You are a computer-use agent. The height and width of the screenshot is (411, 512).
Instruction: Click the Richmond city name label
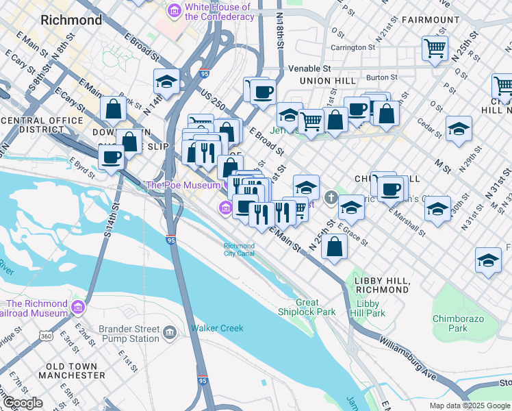[71, 20]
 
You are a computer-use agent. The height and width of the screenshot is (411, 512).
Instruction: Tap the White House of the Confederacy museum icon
[174, 11]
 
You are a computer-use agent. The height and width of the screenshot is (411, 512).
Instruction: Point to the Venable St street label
[309, 68]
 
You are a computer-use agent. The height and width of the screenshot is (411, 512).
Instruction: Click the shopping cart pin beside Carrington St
[435, 48]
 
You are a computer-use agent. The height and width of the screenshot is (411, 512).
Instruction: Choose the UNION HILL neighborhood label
[327, 81]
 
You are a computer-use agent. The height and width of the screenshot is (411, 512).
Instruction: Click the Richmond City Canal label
[240, 250]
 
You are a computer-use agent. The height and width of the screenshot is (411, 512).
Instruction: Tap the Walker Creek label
[217, 328]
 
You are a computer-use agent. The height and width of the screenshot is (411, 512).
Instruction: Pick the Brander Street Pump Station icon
[170, 333]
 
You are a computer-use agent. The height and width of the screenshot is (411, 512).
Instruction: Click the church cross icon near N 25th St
[331, 199]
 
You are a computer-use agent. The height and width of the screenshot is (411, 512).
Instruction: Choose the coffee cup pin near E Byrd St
[111, 157]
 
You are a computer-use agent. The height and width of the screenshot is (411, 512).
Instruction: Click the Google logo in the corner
[23, 403]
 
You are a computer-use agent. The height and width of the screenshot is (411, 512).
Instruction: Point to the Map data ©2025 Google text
[470, 405]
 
